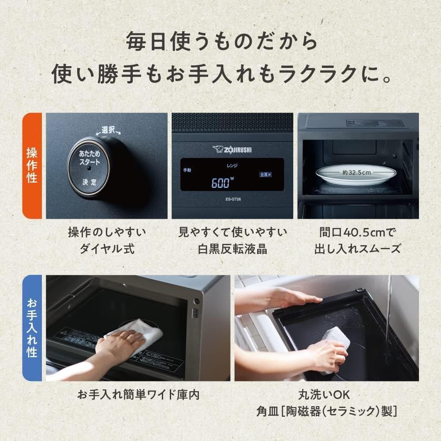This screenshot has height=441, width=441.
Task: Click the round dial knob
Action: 89,166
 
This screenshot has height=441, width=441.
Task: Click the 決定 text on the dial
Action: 89,181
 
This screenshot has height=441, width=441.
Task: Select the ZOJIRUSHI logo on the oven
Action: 232,149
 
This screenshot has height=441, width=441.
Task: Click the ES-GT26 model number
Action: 232,199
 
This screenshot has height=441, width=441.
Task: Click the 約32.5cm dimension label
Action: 358,173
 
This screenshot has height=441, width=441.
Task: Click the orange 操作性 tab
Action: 32,165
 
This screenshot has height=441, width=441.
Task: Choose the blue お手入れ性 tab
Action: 32,328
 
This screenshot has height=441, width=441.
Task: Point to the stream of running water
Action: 389,309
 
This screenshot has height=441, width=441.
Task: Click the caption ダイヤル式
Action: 107,249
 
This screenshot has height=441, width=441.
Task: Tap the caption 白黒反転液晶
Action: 232,249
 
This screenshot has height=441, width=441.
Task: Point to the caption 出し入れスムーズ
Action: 358,249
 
